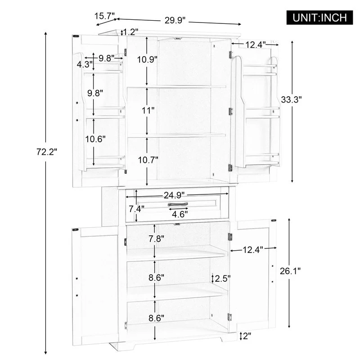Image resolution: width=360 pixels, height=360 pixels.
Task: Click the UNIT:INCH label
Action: [x=320, y=18]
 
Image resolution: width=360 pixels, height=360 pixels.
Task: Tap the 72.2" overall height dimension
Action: [x=47, y=152]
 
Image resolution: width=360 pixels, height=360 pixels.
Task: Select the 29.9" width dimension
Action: [x=175, y=21]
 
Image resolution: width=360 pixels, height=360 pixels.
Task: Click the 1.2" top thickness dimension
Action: [x=130, y=32]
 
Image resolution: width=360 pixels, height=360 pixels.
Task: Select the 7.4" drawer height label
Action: [x=136, y=209]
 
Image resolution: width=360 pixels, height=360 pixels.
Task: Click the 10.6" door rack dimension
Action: [x=95, y=139]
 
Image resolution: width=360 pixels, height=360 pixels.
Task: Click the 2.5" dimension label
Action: [x=222, y=278]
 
